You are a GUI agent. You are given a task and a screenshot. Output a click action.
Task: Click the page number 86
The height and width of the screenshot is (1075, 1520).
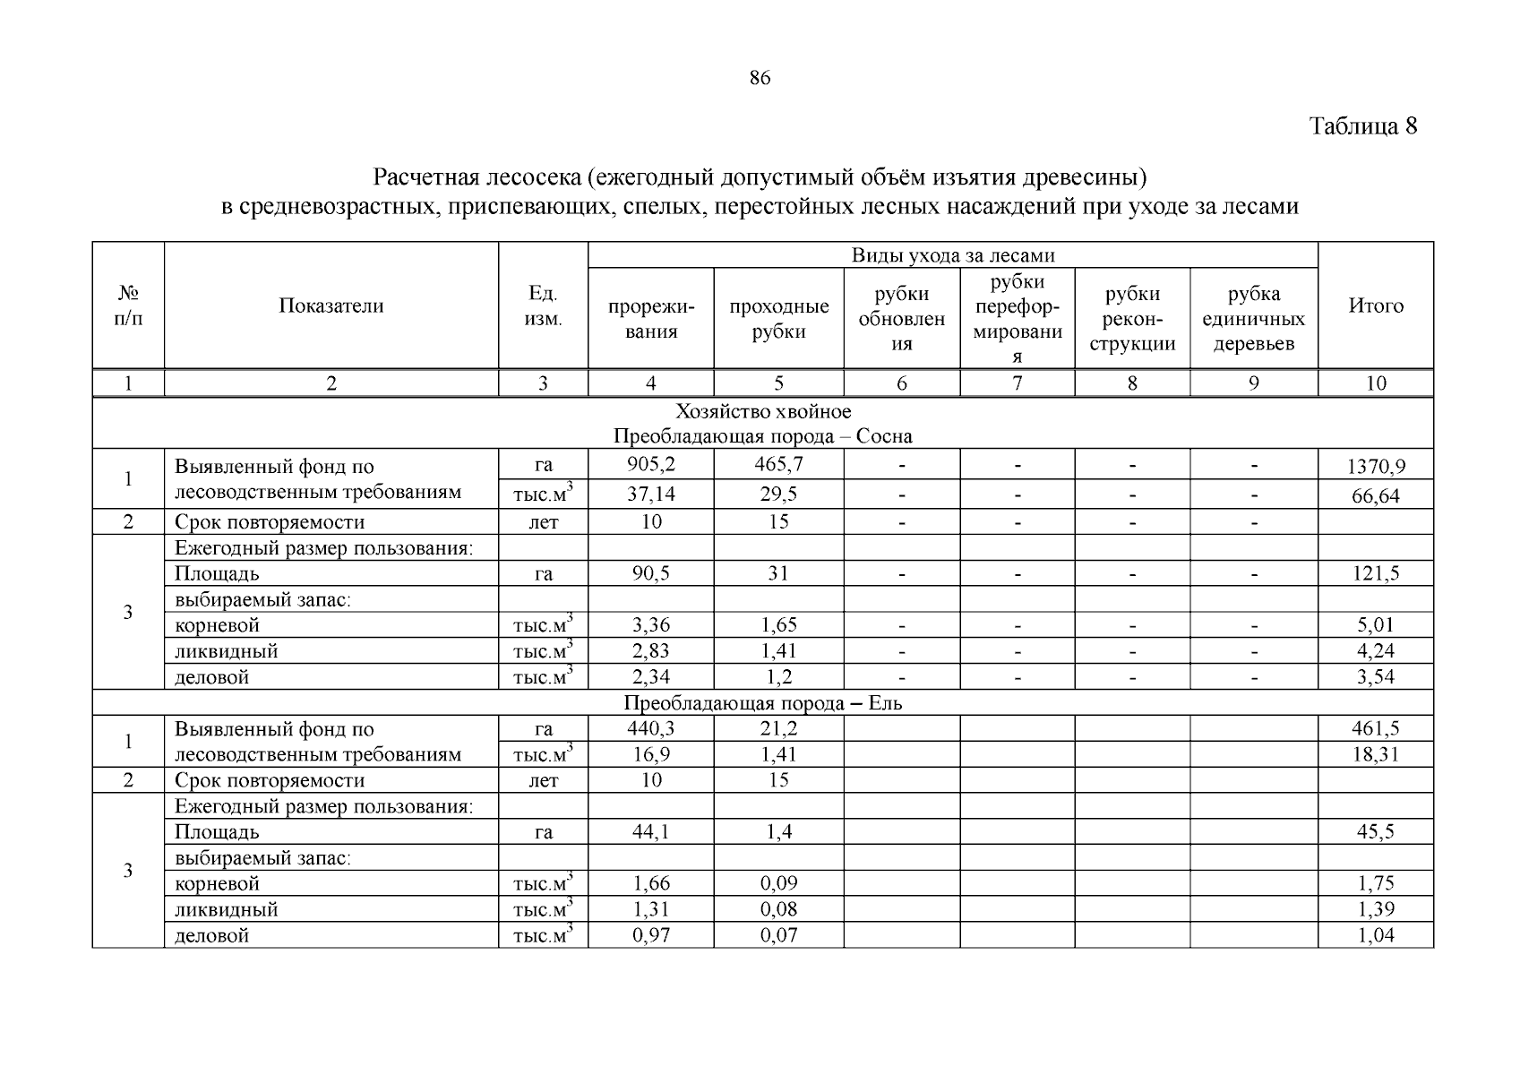click(759, 78)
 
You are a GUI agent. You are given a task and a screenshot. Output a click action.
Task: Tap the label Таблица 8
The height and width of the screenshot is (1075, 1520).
click(1363, 125)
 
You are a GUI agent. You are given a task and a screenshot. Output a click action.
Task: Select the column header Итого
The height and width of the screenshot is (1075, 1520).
click(1375, 306)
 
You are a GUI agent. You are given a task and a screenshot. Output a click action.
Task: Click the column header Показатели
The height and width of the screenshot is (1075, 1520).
click(331, 306)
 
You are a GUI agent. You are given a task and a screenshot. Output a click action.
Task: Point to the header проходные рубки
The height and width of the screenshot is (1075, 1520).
click(778, 319)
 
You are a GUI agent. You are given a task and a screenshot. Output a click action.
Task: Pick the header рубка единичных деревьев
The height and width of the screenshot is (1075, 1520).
click(1253, 319)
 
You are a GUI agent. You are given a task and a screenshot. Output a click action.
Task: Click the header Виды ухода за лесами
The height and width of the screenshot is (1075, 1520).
click(952, 255)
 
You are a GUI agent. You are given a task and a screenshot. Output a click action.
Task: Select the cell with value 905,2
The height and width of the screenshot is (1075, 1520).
click(650, 464)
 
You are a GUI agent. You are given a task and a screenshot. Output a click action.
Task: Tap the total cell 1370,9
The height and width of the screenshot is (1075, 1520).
click(1376, 467)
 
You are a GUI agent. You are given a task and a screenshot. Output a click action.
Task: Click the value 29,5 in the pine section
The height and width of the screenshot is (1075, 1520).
click(778, 494)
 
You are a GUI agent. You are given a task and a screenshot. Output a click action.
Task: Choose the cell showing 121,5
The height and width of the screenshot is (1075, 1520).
click(1376, 573)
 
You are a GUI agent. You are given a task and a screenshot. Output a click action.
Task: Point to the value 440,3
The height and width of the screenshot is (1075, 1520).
click(650, 728)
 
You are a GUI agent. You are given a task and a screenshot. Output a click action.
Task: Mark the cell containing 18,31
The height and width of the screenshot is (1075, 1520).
click(1376, 754)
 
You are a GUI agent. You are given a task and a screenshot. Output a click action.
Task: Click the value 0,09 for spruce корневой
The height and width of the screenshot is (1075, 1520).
click(778, 883)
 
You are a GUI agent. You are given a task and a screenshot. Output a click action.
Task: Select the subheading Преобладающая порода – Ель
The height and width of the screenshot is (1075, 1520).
click(762, 703)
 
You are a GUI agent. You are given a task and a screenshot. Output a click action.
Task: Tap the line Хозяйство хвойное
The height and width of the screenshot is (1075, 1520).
click(762, 411)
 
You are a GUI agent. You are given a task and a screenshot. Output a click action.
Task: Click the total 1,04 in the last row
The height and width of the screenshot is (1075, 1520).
click(1376, 935)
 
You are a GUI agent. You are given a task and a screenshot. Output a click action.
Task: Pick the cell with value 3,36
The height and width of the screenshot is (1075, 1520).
click(650, 625)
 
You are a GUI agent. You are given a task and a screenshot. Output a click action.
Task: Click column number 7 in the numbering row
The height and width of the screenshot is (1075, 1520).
click(1017, 383)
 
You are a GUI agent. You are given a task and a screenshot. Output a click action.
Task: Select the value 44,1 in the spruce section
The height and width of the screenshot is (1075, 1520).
click(650, 831)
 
